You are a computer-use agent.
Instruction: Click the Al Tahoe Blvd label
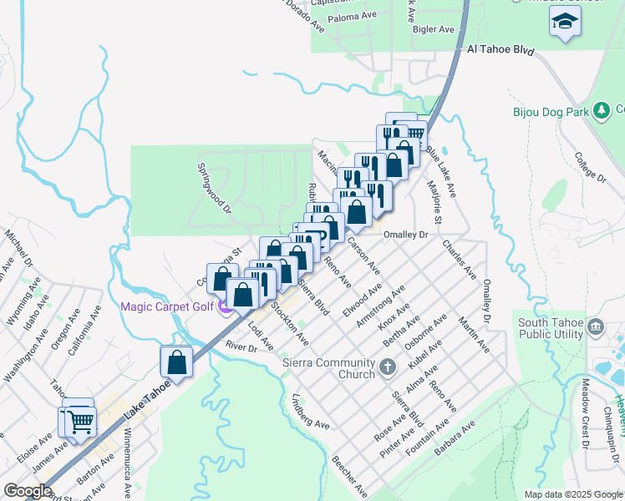[x=501, y=50]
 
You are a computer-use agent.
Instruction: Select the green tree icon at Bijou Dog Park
[x=601, y=110]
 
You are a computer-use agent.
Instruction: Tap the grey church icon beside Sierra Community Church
[x=387, y=367]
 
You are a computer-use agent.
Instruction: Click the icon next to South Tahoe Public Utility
[x=597, y=325]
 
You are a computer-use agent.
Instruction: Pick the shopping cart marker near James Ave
[x=80, y=421]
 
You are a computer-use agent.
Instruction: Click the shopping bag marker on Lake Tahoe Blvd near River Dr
[x=177, y=362]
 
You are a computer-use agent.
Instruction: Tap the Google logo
[x=28, y=490]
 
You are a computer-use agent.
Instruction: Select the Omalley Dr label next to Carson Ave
[x=405, y=235]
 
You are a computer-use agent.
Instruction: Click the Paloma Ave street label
[x=353, y=16]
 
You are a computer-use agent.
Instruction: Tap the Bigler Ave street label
[x=434, y=29]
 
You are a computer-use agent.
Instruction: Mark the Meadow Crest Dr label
[x=586, y=406]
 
